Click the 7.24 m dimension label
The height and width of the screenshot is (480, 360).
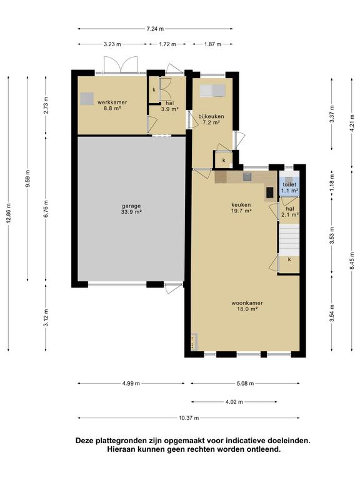point(155,29)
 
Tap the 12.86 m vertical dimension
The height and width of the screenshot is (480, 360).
point(8,213)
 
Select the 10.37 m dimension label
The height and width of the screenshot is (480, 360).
point(189,418)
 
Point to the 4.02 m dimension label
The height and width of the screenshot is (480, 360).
point(234,402)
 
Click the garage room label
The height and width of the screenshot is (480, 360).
point(131,209)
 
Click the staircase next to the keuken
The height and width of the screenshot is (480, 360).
point(289,239)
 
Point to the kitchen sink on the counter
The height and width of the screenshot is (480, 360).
point(247,177)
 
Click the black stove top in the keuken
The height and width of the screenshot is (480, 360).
point(270,192)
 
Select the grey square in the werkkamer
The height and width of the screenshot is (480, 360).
point(87,99)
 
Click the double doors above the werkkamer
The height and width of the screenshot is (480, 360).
point(120,64)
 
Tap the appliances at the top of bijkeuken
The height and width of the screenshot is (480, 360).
point(212,91)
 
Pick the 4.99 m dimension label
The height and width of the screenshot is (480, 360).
point(131,383)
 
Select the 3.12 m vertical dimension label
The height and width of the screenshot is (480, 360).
point(46,317)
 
